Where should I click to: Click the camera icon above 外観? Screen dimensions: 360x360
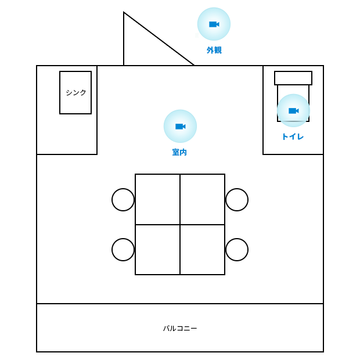coord(214,24)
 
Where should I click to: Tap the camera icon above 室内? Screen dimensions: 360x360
coord(180,126)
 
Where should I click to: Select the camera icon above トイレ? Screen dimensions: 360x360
coord(293,111)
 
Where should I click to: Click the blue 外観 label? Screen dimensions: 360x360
coord(214,50)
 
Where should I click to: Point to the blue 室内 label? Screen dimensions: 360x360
coord(179,152)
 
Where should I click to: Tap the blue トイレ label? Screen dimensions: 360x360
coord(293,136)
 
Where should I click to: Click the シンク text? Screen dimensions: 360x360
coord(75,92)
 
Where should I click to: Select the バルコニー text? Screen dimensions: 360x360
coord(180,329)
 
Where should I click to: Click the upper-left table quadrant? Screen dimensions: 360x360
coord(158,199)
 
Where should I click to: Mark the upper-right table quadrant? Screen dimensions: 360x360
coord(203,199)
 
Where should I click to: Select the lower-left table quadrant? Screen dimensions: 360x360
coord(158,250)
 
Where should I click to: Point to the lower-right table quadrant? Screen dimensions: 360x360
coord(203,250)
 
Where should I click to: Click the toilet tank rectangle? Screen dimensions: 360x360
coord(293,78)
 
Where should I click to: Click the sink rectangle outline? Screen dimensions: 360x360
coord(60,92)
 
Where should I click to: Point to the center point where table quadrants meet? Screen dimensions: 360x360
coord(180,225)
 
